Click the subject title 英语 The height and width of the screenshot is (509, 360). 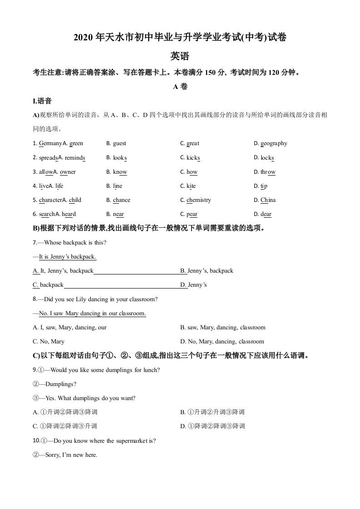click(x=180, y=56)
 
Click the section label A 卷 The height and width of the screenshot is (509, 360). click(x=180, y=87)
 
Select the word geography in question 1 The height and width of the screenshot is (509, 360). click(x=274, y=143)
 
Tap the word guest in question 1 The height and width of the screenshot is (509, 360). click(x=119, y=143)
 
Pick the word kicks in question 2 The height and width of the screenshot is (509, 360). click(x=193, y=158)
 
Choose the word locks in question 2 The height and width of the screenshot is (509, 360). click(x=267, y=158)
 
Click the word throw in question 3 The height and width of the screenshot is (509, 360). click(x=268, y=172)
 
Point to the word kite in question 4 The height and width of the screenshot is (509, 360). click(x=191, y=186)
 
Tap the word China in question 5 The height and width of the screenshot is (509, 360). click(x=268, y=200)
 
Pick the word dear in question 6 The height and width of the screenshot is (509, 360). click(x=266, y=214)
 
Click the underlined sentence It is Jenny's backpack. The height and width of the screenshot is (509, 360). click(x=68, y=257)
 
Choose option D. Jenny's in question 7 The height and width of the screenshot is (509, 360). click(x=194, y=285)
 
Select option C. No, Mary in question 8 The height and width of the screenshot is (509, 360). click(x=49, y=342)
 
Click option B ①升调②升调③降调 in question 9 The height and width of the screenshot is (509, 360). click(x=212, y=412)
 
